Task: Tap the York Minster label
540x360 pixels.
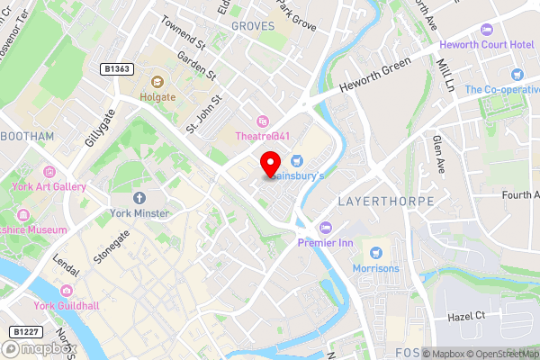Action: coord(139,214)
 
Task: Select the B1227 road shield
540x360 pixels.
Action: coord(23,332)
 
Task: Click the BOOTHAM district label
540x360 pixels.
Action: coord(27,136)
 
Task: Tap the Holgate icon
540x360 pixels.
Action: coord(157,79)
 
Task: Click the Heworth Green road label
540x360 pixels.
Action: coord(376,76)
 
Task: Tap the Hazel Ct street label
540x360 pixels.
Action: coord(467,316)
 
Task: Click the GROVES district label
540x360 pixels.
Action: coord(252,26)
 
